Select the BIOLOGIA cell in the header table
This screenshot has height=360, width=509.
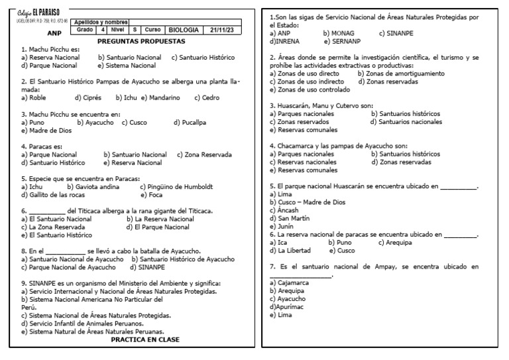[x=184, y=30]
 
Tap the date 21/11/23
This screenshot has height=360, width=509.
[x=223, y=30]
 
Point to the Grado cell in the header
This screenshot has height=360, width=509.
[x=85, y=30]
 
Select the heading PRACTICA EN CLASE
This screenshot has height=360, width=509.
[x=144, y=339]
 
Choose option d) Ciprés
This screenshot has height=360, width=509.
[x=87, y=97]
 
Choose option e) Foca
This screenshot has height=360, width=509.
[x=154, y=195]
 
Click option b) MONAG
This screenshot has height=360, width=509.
[x=339, y=32]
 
